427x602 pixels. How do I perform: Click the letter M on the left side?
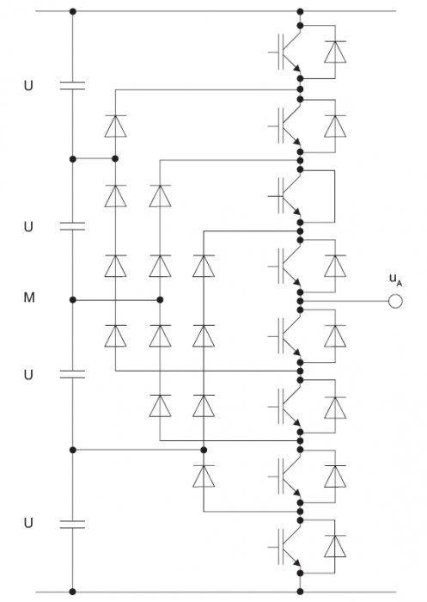pos(29,298)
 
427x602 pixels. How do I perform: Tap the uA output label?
pos(395,279)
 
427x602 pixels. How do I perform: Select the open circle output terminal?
pos(395,301)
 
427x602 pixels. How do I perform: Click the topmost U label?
pos(28,85)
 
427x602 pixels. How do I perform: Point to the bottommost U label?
pos(28,523)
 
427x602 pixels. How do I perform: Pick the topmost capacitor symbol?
pos(72,85)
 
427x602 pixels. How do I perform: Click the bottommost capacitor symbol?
pos(72,525)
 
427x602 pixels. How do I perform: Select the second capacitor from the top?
pos(72,226)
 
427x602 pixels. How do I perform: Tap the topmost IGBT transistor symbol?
pos(286,52)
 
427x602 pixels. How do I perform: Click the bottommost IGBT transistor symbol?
pos(286,547)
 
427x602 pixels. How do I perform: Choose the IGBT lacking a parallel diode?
pos(286,196)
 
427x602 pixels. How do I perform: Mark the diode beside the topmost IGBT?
pos(335,52)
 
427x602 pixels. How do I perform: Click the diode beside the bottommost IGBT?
pos(335,546)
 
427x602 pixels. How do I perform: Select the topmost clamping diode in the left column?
pos(115,126)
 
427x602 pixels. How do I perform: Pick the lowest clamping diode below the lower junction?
pos(204,476)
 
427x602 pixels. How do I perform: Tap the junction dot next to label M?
pos(73,299)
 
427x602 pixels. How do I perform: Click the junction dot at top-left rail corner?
pos(73,11)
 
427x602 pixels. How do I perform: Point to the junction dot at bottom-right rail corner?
pos(300,592)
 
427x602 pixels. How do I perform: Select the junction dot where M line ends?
pos(161,299)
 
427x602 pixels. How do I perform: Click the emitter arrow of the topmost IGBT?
pos(296,68)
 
